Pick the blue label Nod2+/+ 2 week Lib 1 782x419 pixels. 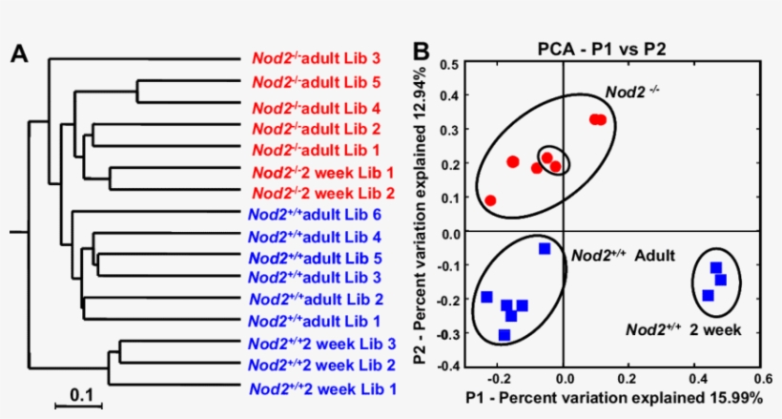pyautogui.click(x=322, y=388)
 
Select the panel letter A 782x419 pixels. pyautogui.click(x=18, y=54)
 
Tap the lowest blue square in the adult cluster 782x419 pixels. pyautogui.click(x=504, y=335)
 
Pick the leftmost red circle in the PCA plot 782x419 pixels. pyautogui.click(x=490, y=200)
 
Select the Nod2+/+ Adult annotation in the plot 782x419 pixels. pyautogui.click(x=624, y=256)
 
